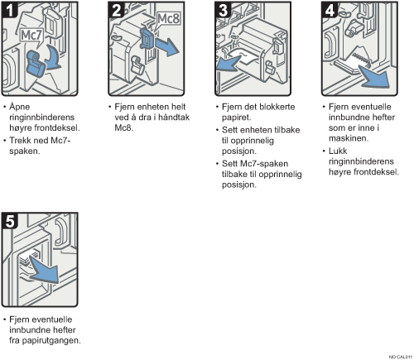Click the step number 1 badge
10,9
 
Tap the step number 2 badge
117,9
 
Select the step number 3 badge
223,9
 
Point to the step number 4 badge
330,9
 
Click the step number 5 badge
10,220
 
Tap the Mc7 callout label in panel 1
32,36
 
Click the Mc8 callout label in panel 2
168,19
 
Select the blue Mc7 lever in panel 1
36,64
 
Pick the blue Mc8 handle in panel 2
146,39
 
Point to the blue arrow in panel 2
166,47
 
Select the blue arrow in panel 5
44,270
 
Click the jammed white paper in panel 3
244,58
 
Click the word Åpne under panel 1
19,107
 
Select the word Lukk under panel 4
338,151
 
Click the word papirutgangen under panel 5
51,341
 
